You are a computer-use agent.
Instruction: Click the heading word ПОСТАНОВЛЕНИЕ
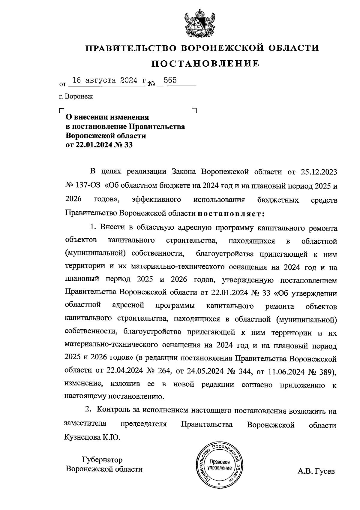pos(205,64)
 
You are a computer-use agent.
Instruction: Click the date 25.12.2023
pos(318,172)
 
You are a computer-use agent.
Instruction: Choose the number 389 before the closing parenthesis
pos(324,371)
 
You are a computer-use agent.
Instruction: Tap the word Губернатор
pos(102,460)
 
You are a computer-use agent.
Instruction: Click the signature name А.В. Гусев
pos(316,472)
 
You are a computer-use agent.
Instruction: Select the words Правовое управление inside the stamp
pos(220,465)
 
